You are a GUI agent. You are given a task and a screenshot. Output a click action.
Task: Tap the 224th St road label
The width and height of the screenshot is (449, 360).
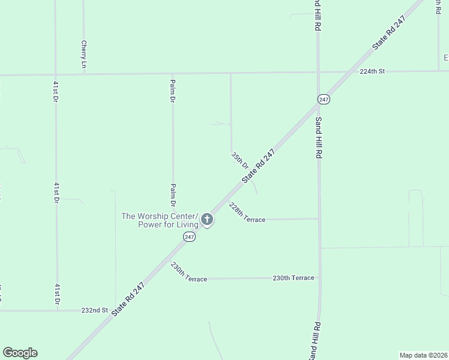[372, 71]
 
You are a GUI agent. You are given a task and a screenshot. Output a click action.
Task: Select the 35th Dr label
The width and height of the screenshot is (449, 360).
[240, 160]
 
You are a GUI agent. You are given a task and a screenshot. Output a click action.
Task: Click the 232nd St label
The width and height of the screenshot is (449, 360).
[94, 311]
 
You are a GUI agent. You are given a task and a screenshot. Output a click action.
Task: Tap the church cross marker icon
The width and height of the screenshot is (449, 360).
[207, 220]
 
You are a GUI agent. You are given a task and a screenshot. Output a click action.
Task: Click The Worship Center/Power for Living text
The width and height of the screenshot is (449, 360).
[160, 221]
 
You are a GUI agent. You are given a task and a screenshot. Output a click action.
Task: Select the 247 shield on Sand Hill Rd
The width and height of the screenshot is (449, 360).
[324, 99]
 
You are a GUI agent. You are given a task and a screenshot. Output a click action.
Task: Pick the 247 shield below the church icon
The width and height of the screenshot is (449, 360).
[189, 238]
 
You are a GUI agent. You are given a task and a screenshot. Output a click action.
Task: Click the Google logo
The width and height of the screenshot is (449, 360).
[20, 353]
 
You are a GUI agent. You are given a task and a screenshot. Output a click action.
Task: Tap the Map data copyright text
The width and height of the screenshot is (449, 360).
[423, 355]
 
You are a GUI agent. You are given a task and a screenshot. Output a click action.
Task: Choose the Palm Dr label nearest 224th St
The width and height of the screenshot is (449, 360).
[173, 91]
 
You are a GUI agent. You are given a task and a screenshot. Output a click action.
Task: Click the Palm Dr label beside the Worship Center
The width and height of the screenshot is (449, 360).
[173, 195]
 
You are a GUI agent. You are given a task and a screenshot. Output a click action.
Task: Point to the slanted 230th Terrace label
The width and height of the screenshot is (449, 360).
[188, 272]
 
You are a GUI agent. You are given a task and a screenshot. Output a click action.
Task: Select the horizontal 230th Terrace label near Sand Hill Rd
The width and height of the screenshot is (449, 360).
[293, 278]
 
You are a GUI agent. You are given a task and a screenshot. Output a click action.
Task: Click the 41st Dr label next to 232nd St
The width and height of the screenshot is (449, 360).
[56, 295]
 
